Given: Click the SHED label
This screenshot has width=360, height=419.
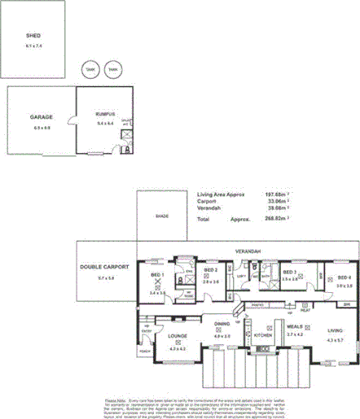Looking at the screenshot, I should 33,36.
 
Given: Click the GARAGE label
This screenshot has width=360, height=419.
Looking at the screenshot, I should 41,117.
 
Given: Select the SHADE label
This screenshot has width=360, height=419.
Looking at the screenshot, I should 163,216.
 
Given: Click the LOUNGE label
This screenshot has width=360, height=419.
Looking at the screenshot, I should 178,335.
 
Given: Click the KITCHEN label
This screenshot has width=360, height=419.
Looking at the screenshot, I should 262,335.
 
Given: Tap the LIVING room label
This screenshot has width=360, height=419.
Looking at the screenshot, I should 335,330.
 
